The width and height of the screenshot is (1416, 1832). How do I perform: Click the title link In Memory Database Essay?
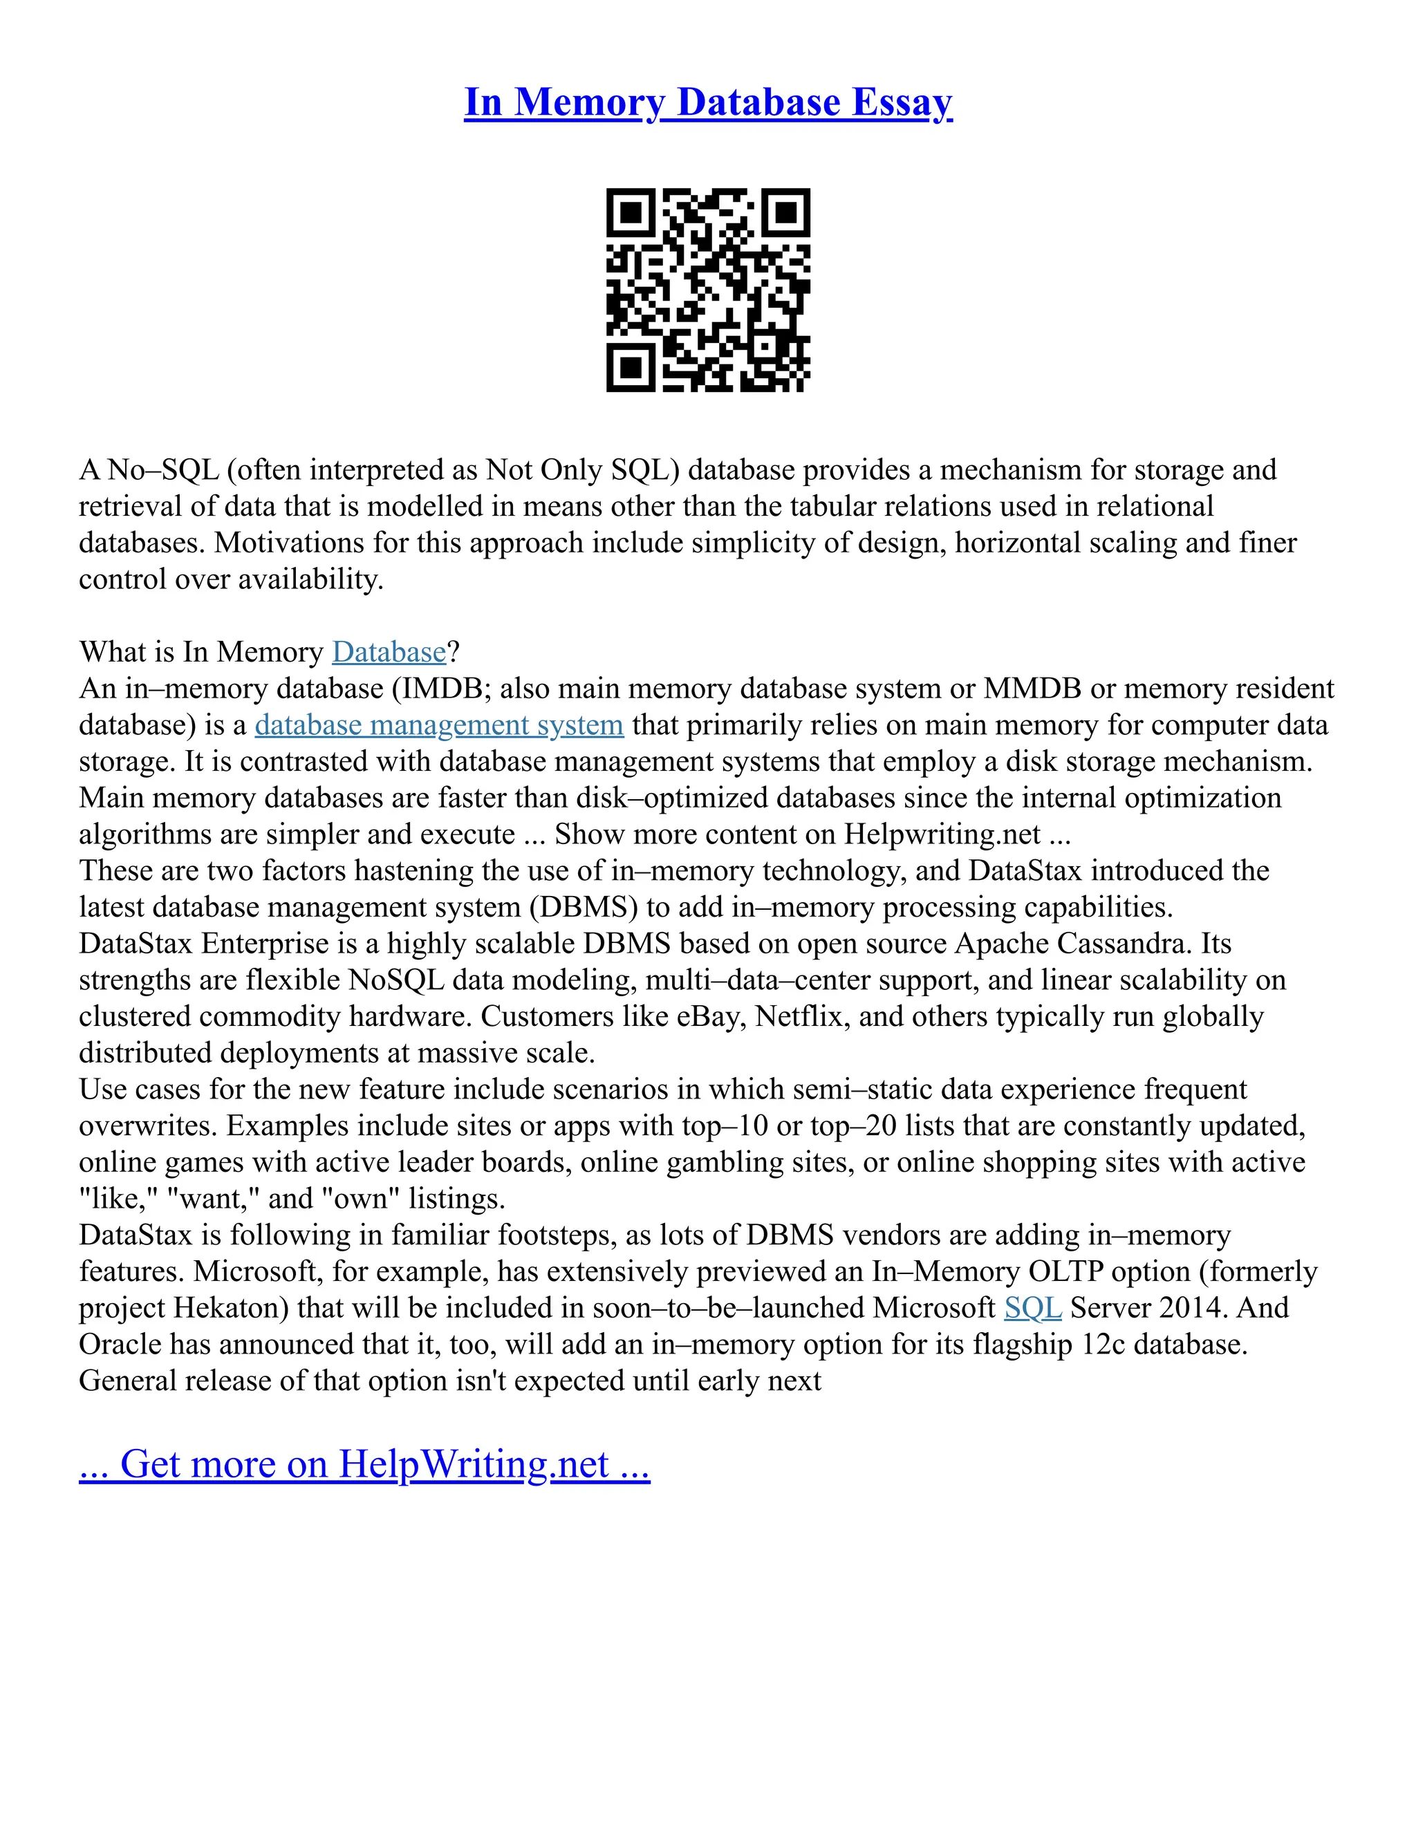pyautogui.click(x=708, y=102)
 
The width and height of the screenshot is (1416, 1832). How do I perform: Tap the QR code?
pyautogui.click(x=708, y=290)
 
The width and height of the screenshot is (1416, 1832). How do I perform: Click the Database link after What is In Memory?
pyautogui.click(x=389, y=652)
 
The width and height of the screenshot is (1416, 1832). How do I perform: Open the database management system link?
pyautogui.click(x=439, y=725)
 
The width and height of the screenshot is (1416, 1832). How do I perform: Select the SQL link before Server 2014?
pyautogui.click(x=1033, y=1308)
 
